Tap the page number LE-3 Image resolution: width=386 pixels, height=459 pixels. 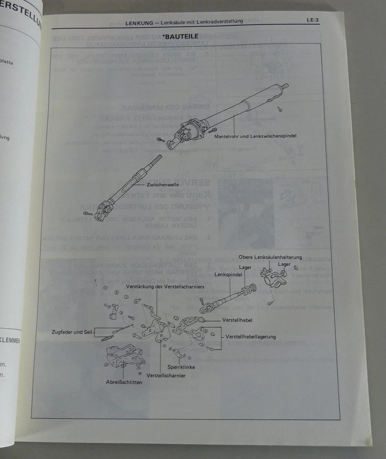(313, 20)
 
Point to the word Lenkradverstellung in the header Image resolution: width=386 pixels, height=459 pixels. (221, 21)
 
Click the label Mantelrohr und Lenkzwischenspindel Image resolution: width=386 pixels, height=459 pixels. (255, 136)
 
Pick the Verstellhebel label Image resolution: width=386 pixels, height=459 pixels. (237, 319)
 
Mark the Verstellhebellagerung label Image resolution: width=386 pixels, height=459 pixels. (250, 337)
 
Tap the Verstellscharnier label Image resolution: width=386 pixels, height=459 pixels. (166, 375)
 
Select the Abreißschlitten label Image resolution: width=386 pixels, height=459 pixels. (123, 382)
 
